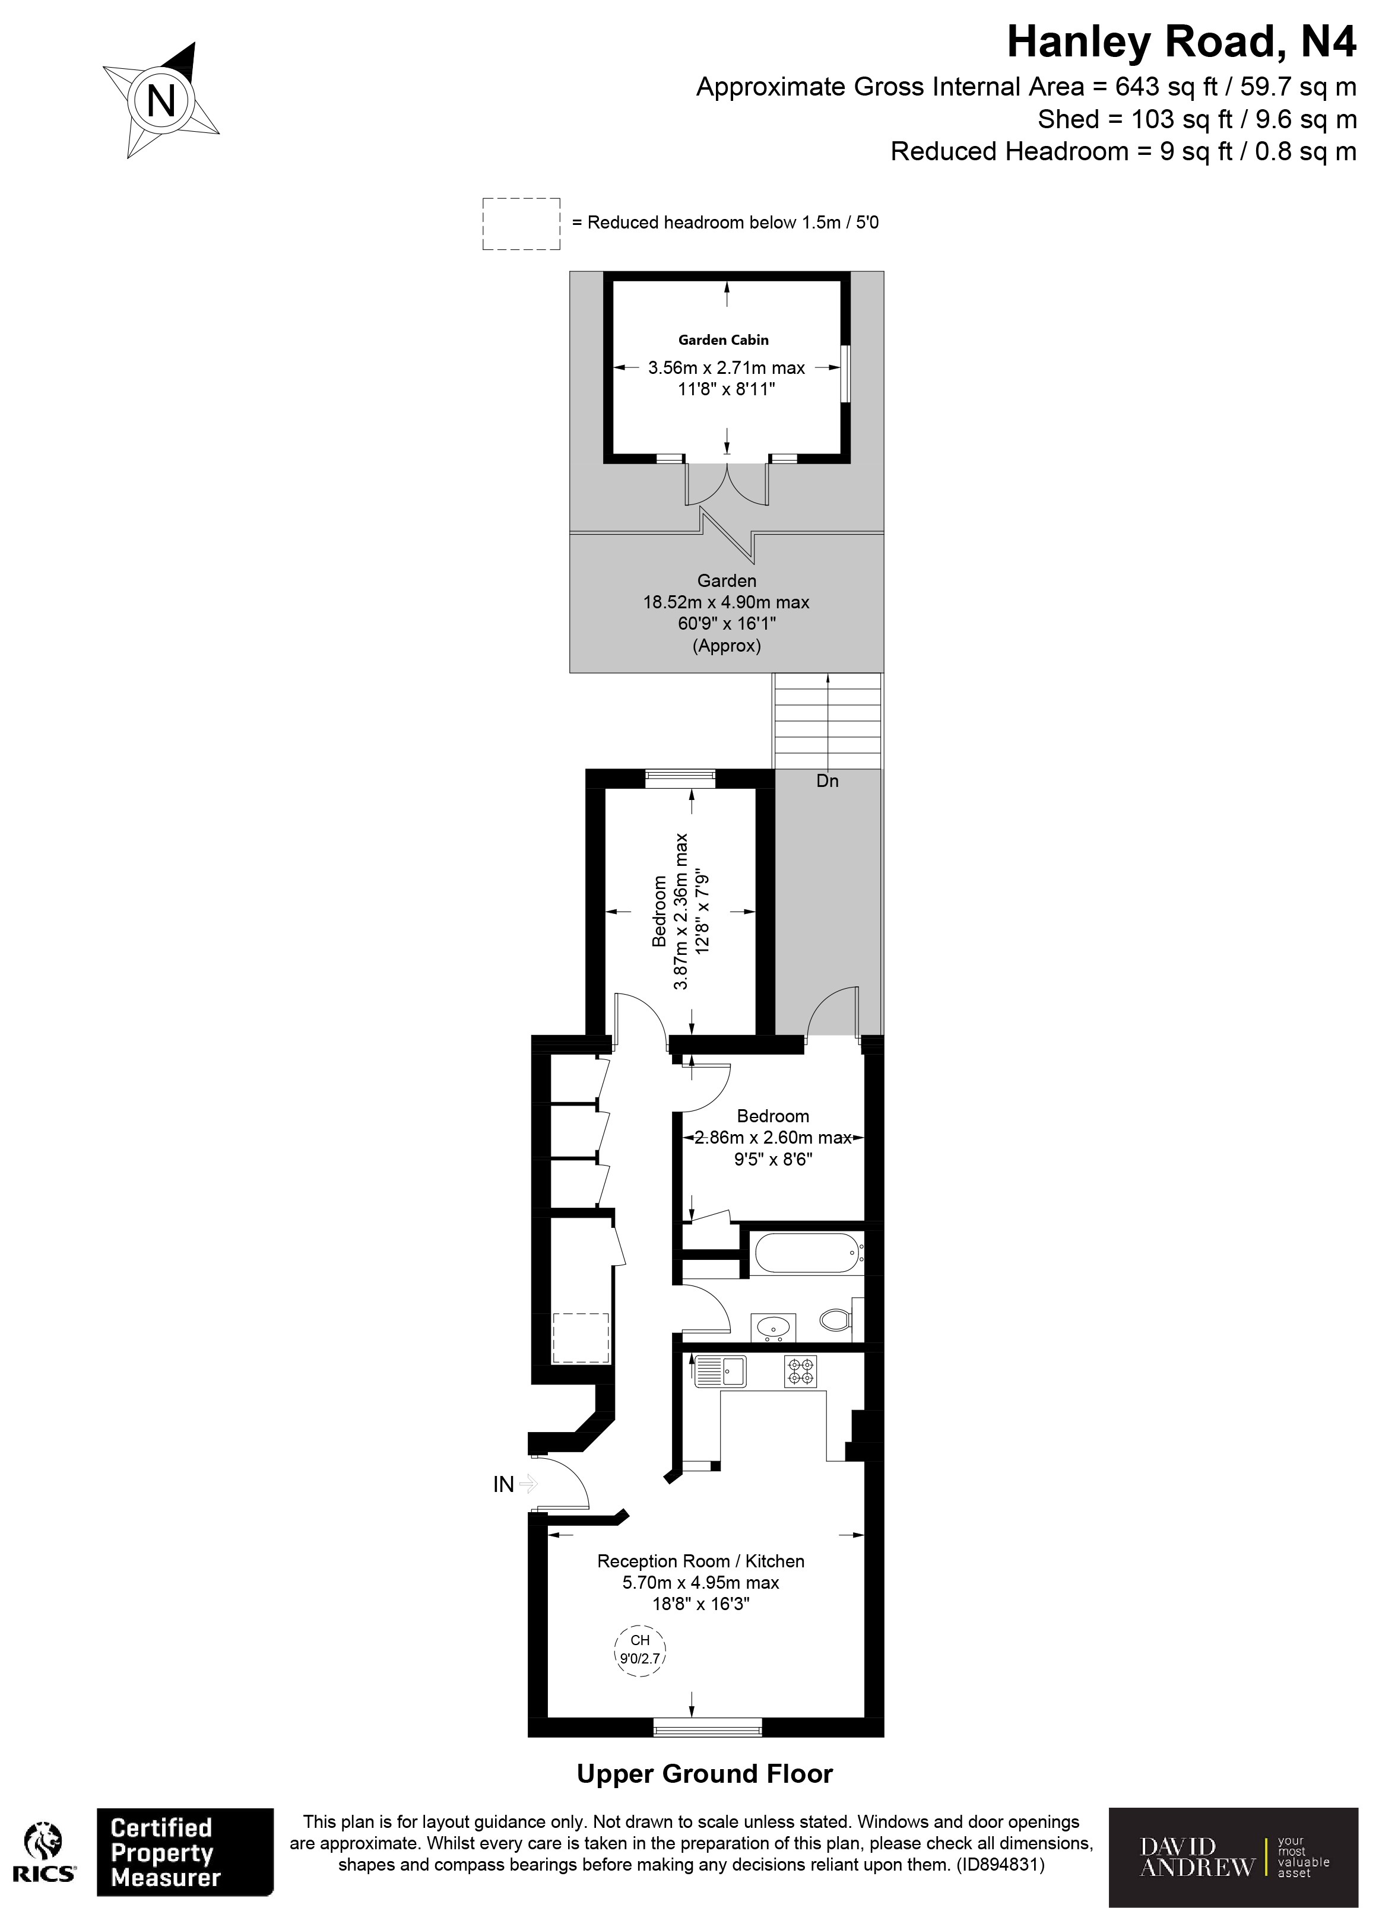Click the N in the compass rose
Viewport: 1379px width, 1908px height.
pyautogui.click(x=161, y=101)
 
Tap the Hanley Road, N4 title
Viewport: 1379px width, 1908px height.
pyautogui.click(x=1181, y=42)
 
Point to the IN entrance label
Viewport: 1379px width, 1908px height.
pyautogui.click(x=503, y=1485)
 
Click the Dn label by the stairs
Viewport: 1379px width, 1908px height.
pyautogui.click(x=827, y=780)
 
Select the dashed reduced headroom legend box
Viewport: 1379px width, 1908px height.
pyautogui.click(x=521, y=224)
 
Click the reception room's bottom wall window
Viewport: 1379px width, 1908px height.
pyautogui.click(x=708, y=1729)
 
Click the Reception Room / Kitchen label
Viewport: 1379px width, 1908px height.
pyautogui.click(x=700, y=1561)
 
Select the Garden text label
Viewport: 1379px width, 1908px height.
pyautogui.click(x=726, y=580)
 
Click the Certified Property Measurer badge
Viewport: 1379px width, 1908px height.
pyautogui.click(x=185, y=1852)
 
